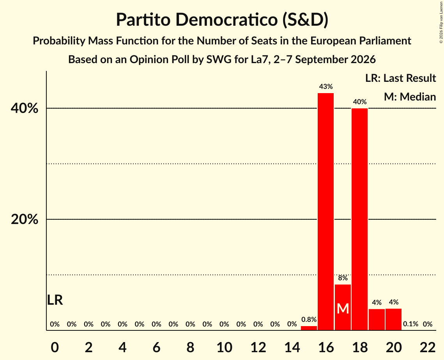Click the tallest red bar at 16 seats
coord(325,212)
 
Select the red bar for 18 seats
coord(360,219)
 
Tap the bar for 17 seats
coord(343,307)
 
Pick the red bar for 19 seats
coord(377,319)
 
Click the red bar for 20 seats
coord(394,319)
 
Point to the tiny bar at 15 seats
coord(309,328)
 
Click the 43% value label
coord(326,86)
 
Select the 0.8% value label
coord(309,319)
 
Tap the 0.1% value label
coord(410,324)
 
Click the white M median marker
coord(343,309)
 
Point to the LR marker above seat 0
coord(55,300)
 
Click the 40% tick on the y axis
coord(24,108)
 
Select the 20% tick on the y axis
coord(24,219)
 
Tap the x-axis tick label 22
coord(428,348)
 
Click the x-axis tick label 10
coord(224,348)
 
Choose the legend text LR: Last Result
coord(401,78)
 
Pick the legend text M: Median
coord(410,97)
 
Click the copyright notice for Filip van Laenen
coord(441,22)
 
